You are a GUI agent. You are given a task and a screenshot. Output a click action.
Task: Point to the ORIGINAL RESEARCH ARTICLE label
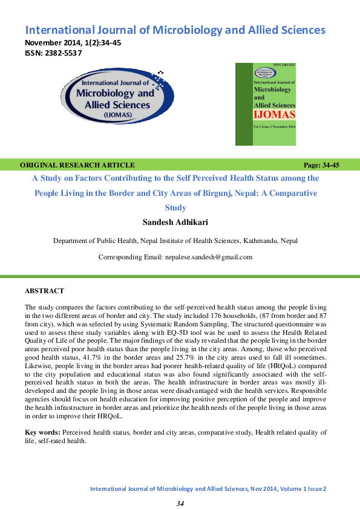[x=77, y=165]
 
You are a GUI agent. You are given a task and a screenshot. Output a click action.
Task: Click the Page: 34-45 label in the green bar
[x=321, y=165]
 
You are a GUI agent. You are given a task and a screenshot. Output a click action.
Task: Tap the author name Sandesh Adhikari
[x=174, y=222]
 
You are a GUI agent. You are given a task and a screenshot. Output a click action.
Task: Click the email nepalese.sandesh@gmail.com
[x=208, y=257]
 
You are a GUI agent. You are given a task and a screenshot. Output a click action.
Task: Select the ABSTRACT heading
[x=44, y=291]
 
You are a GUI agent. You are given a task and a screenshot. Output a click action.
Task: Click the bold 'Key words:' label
[x=42, y=432]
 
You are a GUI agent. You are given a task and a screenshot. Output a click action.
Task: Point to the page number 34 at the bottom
[x=180, y=504]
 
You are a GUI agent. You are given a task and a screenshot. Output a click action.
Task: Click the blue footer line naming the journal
[x=208, y=488]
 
